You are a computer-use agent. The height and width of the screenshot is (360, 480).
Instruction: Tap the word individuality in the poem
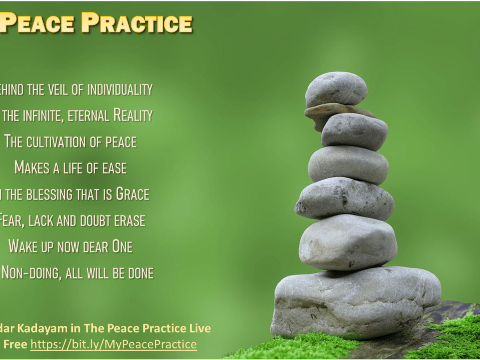click(120, 90)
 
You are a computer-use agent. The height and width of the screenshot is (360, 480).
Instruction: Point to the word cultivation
click(58, 142)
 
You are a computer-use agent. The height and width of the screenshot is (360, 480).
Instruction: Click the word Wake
click(24, 246)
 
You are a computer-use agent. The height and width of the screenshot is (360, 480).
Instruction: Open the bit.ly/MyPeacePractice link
click(114, 344)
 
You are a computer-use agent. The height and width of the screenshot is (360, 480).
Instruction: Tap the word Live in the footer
click(200, 329)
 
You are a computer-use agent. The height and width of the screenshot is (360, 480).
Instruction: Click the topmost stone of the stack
click(336, 89)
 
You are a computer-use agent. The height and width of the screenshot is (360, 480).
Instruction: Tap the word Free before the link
click(15, 344)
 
